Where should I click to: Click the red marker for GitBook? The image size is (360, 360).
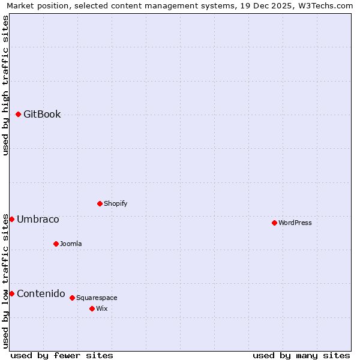[x=18, y=114]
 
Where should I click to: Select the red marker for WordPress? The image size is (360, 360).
[x=274, y=223]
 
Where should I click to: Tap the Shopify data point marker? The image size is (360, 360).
[x=100, y=203]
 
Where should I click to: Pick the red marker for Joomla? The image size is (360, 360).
[x=56, y=244]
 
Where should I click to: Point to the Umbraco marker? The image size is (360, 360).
[x=11, y=219]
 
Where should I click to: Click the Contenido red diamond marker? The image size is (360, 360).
[x=11, y=293]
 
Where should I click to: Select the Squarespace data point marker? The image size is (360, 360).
[x=72, y=298]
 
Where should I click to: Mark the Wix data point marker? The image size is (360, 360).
[x=92, y=308]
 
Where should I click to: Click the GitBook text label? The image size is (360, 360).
[x=42, y=115]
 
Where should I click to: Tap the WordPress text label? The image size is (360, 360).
[x=295, y=223]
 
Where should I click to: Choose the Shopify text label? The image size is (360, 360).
[x=116, y=203]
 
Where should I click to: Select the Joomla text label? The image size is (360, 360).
[x=71, y=244]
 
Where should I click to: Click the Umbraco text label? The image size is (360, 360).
[x=38, y=220]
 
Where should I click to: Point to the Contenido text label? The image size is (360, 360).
[x=41, y=293]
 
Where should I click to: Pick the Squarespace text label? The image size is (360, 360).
[x=97, y=298]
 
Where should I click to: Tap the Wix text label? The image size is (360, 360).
[x=102, y=308]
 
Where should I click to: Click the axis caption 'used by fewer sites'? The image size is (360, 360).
[x=62, y=355]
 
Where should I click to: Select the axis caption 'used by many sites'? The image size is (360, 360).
[x=301, y=355]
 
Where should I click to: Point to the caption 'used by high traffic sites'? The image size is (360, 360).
[x=6, y=85]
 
